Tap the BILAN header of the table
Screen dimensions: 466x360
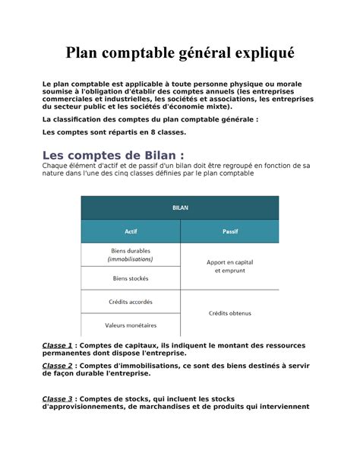(x=180, y=207)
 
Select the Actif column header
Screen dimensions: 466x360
(x=130, y=231)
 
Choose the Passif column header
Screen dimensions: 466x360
(x=229, y=231)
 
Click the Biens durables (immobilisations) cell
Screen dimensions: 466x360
(x=130, y=254)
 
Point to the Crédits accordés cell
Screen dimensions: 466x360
(x=130, y=301)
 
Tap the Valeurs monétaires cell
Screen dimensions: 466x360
(x=130, y=325)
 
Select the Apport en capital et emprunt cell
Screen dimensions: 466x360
(x=229, y=265)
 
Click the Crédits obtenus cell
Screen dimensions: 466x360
(x=229, y=312)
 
